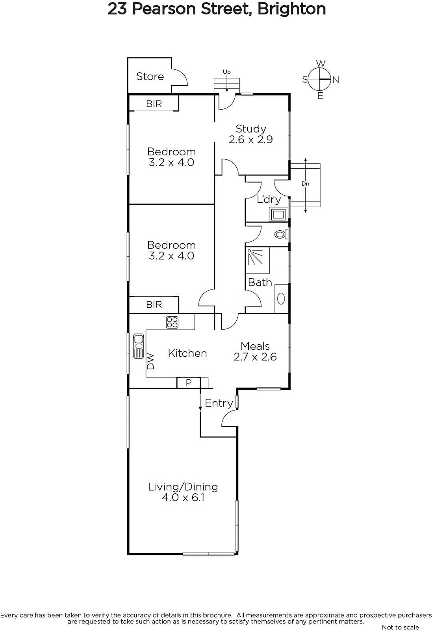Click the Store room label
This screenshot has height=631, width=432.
point(150,77)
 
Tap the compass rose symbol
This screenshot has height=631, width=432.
point(320,79)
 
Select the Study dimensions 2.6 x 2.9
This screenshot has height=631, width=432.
point(250,140)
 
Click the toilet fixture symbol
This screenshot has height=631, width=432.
point(281,234)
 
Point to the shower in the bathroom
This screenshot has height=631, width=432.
point(258,260)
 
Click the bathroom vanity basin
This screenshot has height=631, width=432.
point(281,299)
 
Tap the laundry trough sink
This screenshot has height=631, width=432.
point(278,215)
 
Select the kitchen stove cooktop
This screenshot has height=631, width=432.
point(172,323)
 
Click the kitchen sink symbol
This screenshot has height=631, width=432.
point(138,346)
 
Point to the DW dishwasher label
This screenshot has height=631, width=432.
point(151,361)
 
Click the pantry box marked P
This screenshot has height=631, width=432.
point(189,383)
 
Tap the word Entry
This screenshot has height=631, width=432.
point(219,403)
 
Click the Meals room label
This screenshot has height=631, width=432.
point(255,346)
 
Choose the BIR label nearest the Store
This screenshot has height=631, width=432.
point(154,104)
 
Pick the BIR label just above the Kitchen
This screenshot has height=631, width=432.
point(154,304)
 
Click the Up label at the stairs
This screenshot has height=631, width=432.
point(227,72)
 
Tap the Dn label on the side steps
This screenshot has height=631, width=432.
point(306,184)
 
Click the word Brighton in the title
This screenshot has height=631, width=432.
point(292,9)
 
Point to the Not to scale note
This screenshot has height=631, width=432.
point(400,627)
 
